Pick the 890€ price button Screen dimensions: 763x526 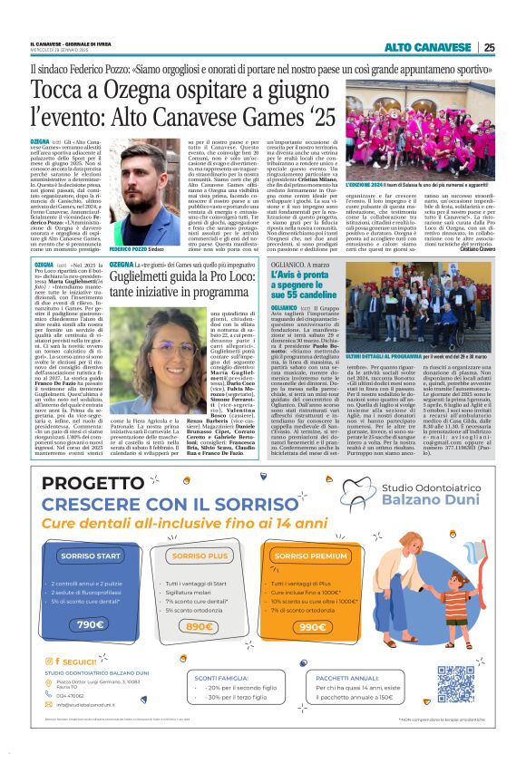[x=197, y=600]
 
